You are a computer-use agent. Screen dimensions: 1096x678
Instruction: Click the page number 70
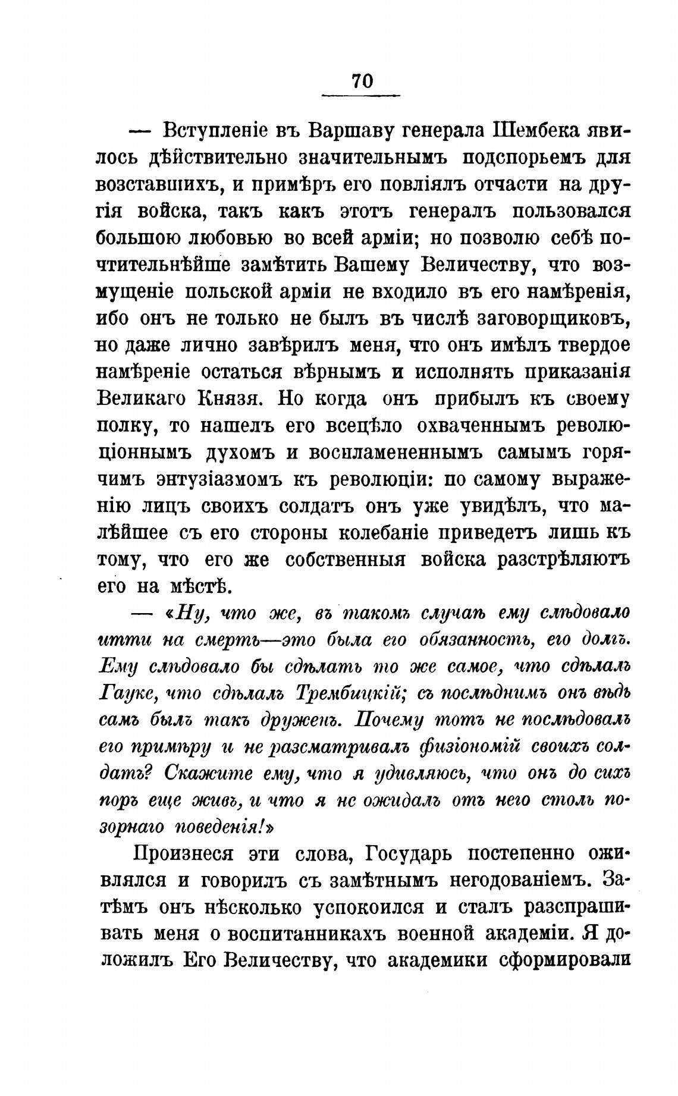tap(362, 80)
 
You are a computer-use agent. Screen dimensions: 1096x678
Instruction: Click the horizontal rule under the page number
tap(361, 95)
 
